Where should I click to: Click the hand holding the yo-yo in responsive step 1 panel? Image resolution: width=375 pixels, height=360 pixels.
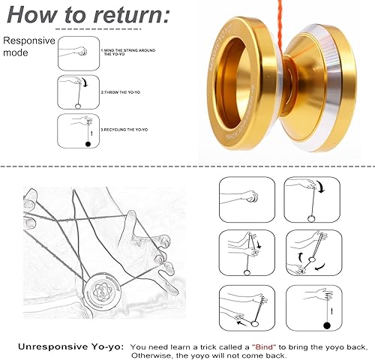(x=80, y=52)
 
